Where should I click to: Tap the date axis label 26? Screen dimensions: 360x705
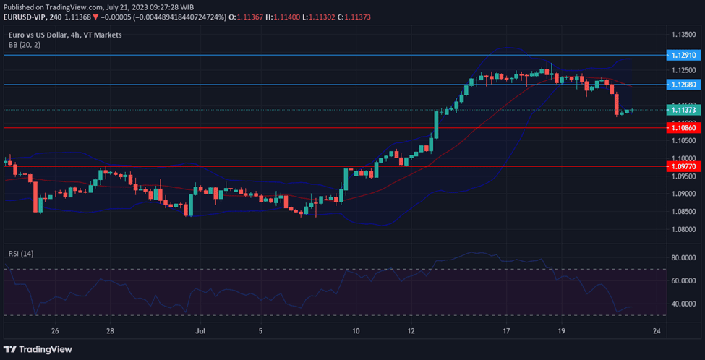click(55, 331)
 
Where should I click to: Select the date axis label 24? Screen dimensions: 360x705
click(657, 331)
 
